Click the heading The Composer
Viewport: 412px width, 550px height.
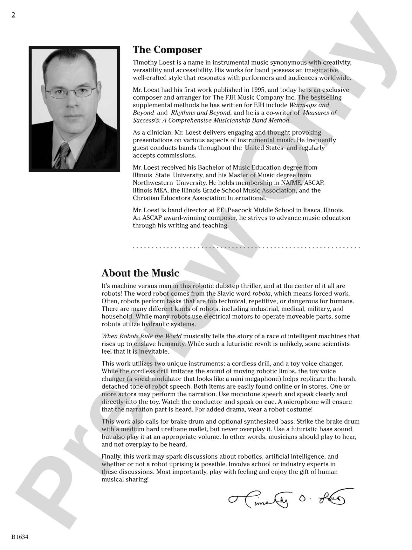click(x=167, y=50)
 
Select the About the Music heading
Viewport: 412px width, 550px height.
click(x=140, y=273)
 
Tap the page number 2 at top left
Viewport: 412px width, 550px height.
click(x=13, y=15)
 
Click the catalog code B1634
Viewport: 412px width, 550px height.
click(x=20, y=537)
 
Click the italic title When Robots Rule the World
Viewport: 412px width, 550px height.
click(x=141, y=336)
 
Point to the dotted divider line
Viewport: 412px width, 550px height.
click(x=246, y=247)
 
